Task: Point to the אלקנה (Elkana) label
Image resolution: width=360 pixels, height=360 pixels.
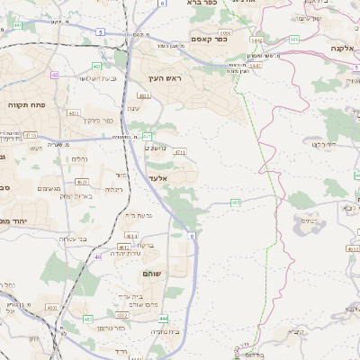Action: [x=341, y=48]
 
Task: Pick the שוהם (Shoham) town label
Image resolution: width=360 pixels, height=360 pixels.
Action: [x=150, y=272]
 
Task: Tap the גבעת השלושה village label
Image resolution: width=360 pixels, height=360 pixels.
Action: [x=94, y=79]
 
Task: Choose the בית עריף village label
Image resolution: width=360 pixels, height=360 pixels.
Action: [x=131, y=296]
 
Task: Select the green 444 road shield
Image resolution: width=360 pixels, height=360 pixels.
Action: [x=162, y=319]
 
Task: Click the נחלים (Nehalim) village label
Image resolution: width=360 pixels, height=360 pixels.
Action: [x=79, y=158]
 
